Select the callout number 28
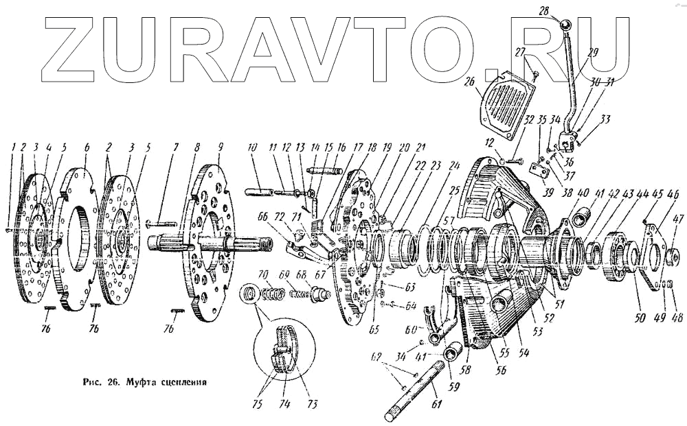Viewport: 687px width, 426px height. tap(563, 11)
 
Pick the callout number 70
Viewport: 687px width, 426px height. tap(262, 275)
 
